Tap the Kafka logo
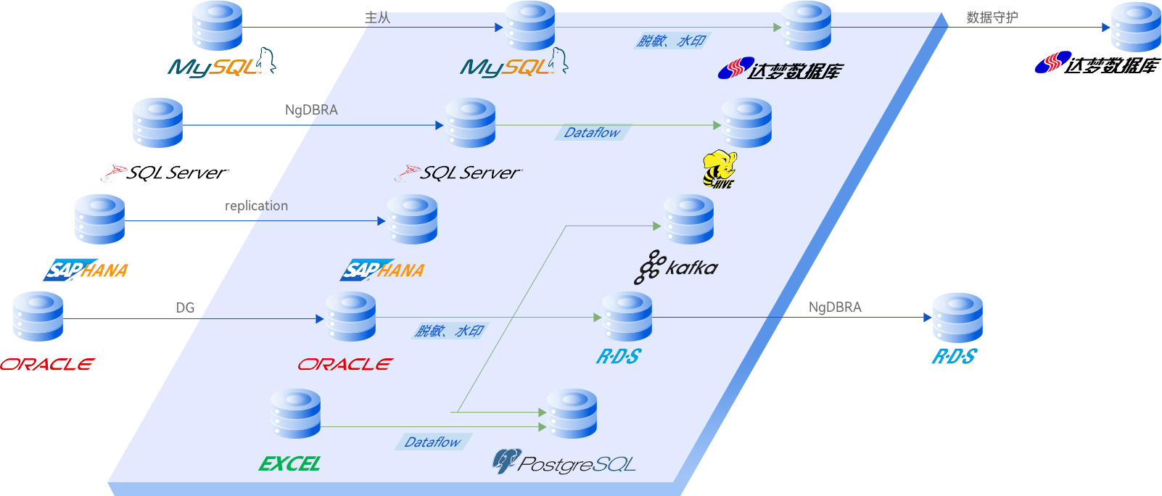pyautogui.click(x=676, y=268)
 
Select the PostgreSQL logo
pyautogui.click(x=564, y=463)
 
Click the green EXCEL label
pyautogui.click(x=289, y=464)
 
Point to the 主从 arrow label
pyautogui.click(x=377, y=17)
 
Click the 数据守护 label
pyautogui.click(x=992, y=17)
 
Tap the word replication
pyautogui.click(x=256, y=206)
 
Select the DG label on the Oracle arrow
pyautogui.click(x=185, y=307)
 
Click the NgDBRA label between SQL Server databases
pyautogui.click(x=311, y=110)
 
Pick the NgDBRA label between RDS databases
pyautogui.click(x=835, y=307)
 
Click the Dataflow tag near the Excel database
pyautogui.click(x=433, y=442)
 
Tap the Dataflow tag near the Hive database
pyautogui.click(x=592, y=133)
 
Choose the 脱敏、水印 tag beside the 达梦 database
pyautogui.click(x=671, y=41)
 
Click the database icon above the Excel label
pyautogui.click(x=295, y=413)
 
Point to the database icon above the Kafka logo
pyautogui.click(x=689, y=219)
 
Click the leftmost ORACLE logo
pyautogui.click(x=47, y=364)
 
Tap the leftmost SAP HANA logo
pyautogui.click(x=86, y=270)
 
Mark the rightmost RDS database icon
pyautogui.click(x=957, y=318)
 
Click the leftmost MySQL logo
pyautogui.click(x=221, y=65)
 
